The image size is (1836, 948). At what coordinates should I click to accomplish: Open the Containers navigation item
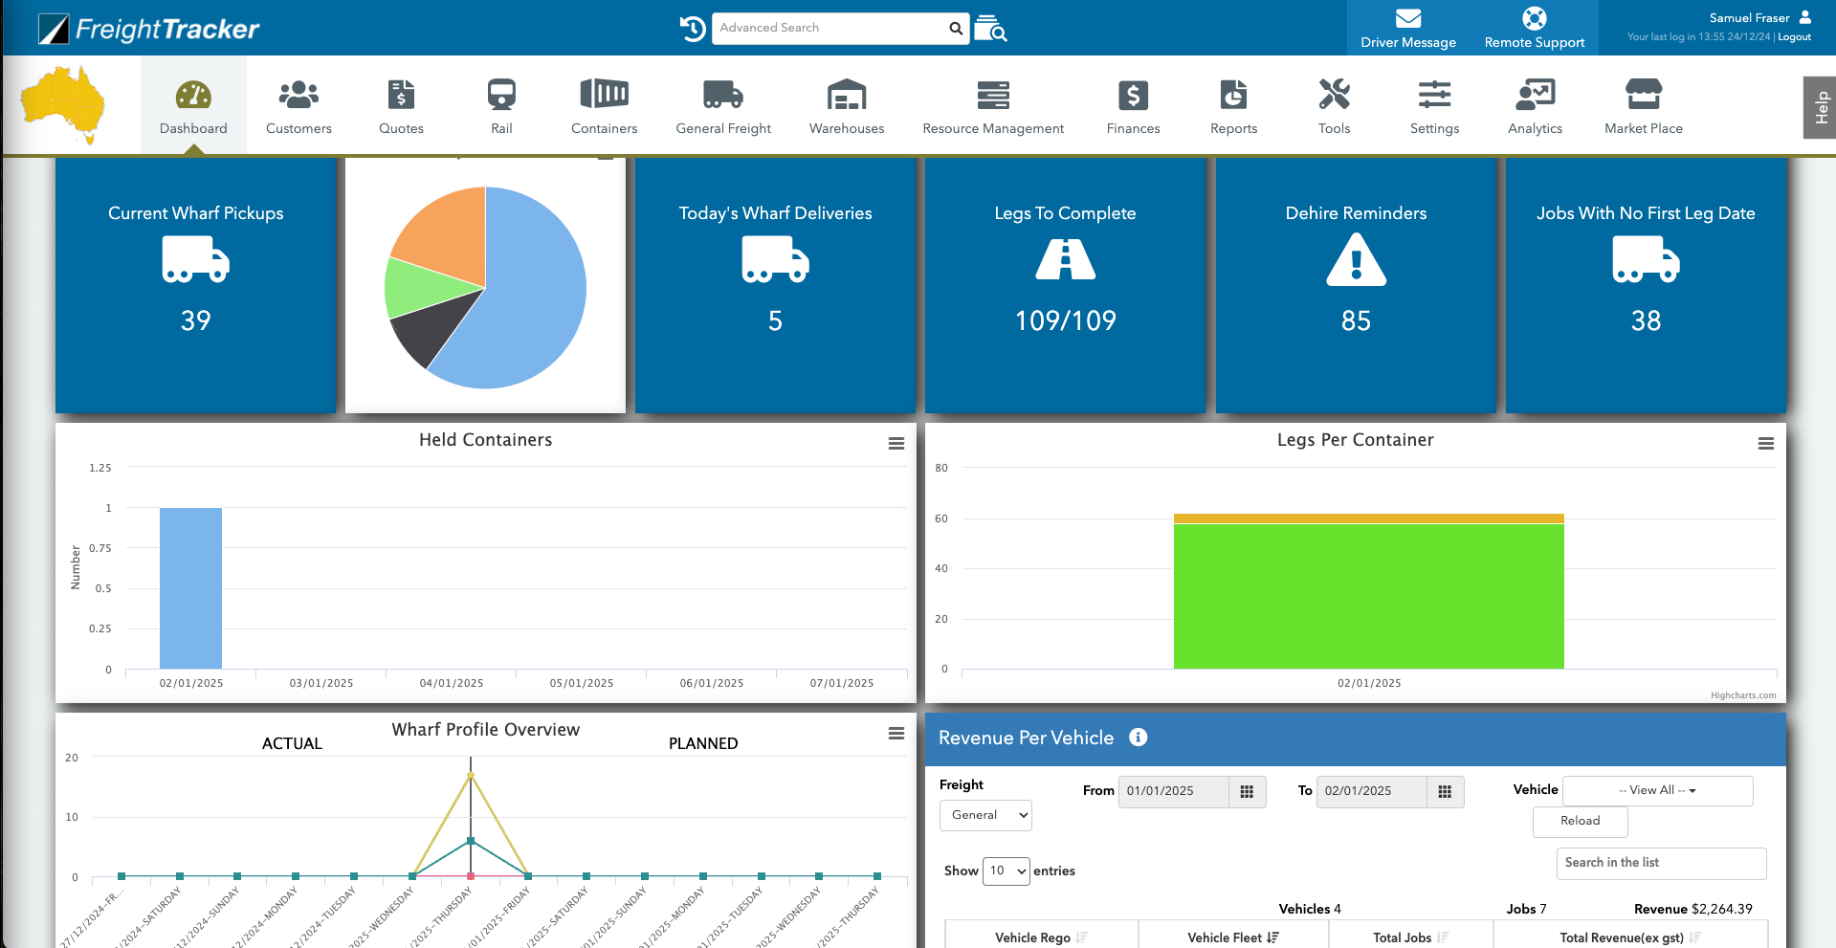[604, 106]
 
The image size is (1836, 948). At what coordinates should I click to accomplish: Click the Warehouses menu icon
[847, 95]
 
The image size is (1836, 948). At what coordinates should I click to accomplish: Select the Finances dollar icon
[1133, 95]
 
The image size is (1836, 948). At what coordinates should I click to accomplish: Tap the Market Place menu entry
[1643, 106]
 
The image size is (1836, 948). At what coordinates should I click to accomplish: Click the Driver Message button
[1407, 28]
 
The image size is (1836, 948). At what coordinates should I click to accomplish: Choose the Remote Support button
[1534, 28]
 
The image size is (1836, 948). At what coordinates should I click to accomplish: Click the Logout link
[1794, 37]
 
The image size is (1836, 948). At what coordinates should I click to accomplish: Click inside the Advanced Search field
[830, 28]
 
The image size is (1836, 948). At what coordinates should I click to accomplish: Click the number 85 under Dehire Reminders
[1356, 321]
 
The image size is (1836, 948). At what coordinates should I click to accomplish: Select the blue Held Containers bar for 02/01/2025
[190, 587]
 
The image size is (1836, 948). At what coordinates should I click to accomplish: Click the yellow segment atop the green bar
[1368, 518]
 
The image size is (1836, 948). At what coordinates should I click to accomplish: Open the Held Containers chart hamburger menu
[896, 444]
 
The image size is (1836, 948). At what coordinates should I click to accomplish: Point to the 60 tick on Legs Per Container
[941, 518]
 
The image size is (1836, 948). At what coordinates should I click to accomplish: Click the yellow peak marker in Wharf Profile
[471, 776]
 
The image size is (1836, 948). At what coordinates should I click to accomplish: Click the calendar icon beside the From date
[1247, 791]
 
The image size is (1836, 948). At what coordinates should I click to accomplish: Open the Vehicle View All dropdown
[1657, 791]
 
